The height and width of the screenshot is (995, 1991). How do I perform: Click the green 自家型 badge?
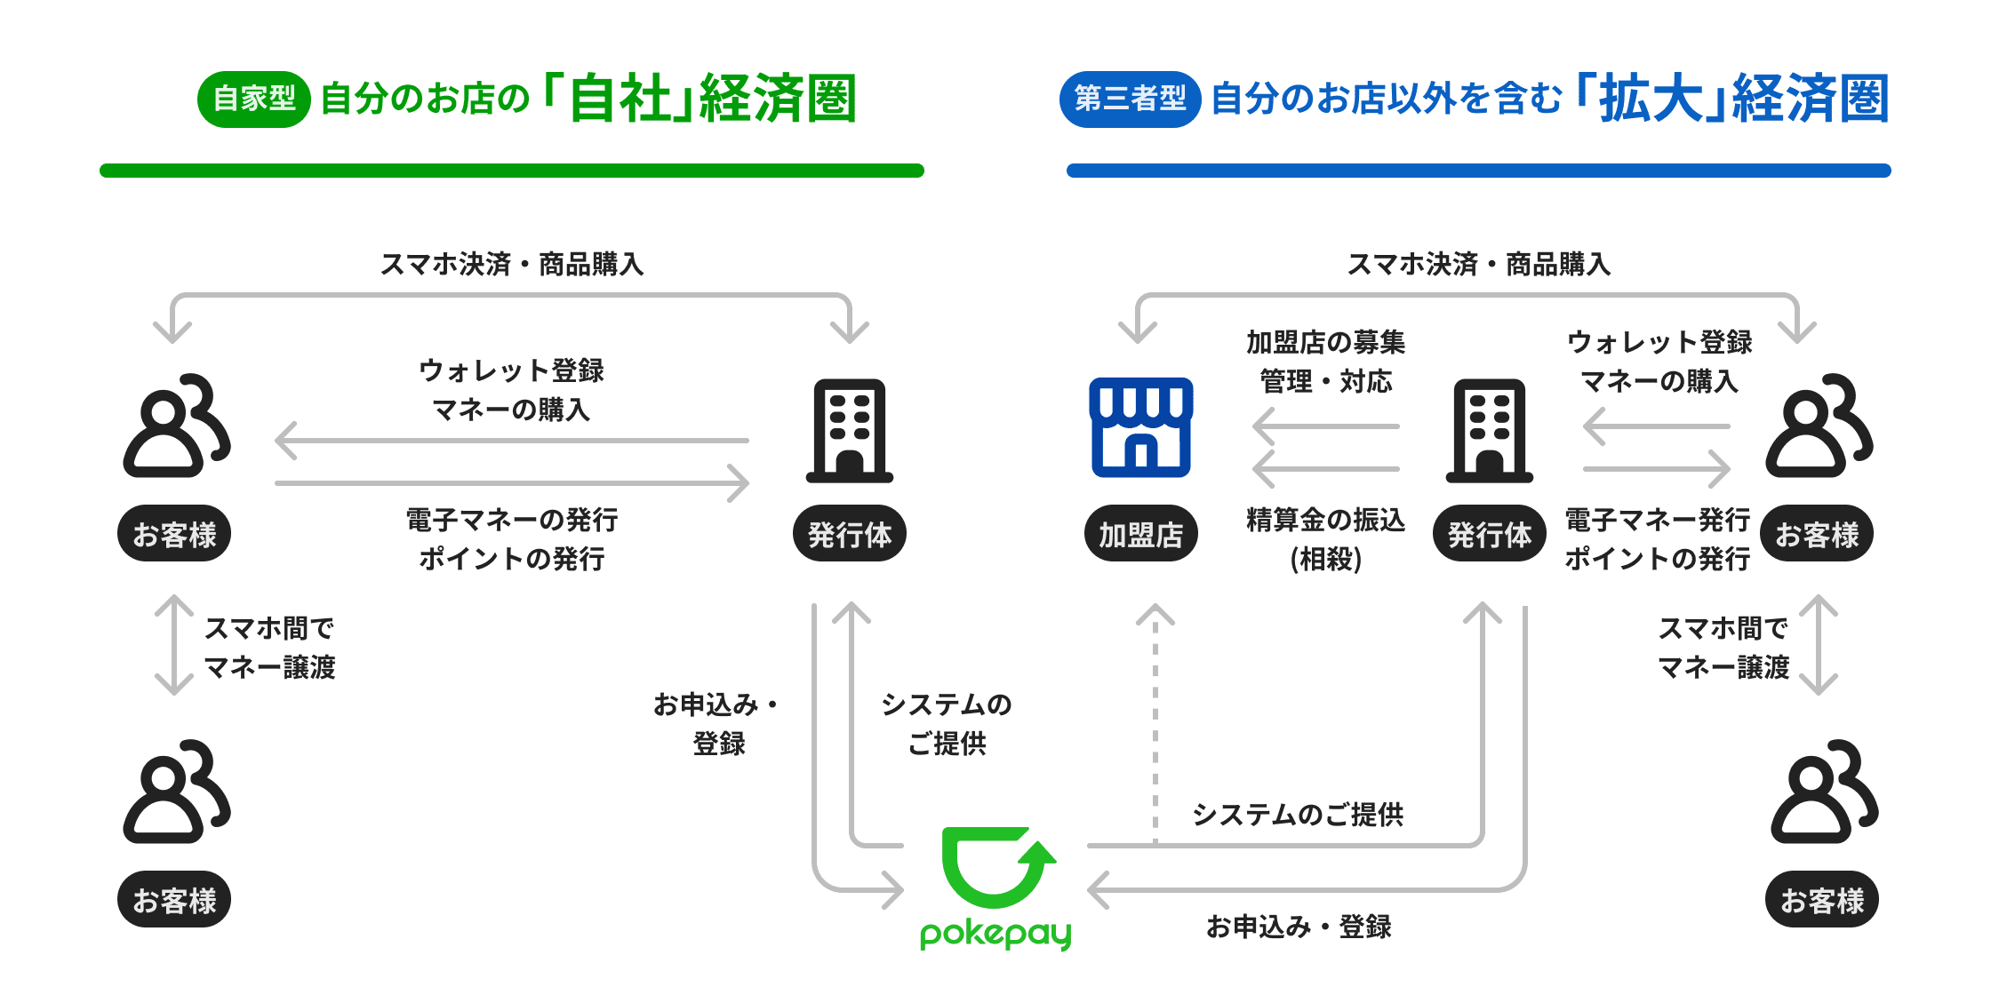tap(254, 99)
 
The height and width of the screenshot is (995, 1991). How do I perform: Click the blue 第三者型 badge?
tap(1130, 99)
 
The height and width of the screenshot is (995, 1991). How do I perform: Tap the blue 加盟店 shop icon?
tap(1140, 427)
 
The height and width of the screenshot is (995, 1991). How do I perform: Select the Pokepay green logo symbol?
tap(995, 867)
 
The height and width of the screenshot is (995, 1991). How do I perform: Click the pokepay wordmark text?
tap(995, 934)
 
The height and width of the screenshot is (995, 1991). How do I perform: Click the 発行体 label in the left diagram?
tap(850, 534)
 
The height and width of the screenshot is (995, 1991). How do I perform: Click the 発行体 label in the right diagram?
tap(1489, 534)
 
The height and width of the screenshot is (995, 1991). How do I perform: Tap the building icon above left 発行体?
tap(850, 431)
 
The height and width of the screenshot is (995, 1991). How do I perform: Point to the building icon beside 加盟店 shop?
tap(1489, 431)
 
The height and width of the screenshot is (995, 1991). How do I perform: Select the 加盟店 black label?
tap(1140, 534)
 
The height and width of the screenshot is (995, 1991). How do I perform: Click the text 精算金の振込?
tap(1325, 520)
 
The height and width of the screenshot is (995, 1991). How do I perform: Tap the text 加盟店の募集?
tap(1325, 342)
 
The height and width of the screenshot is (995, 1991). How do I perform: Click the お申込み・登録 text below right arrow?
tap(1299, 927)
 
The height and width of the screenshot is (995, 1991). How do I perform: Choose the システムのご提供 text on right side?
tap(1298, 815)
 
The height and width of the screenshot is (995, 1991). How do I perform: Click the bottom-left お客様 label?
tap(174, 900)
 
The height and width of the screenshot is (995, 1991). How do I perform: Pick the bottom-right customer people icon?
tap(1822, 792)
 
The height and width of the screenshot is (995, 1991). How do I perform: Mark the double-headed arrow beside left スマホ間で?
tap(174, 645)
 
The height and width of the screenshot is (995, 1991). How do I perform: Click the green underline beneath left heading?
tap(512, 170)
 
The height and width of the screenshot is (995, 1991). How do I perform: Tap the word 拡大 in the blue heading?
tap(1650, 99)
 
